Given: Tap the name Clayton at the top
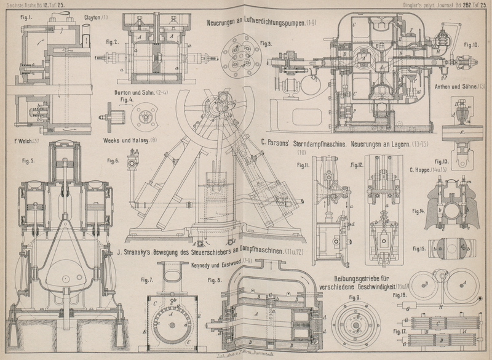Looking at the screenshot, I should pyautogui.click(x=92, y=17).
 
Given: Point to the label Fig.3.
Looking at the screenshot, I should pyautogui.click(x=266, y=43).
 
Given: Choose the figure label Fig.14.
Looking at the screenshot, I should pyautogui.click(x=419, y=210).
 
